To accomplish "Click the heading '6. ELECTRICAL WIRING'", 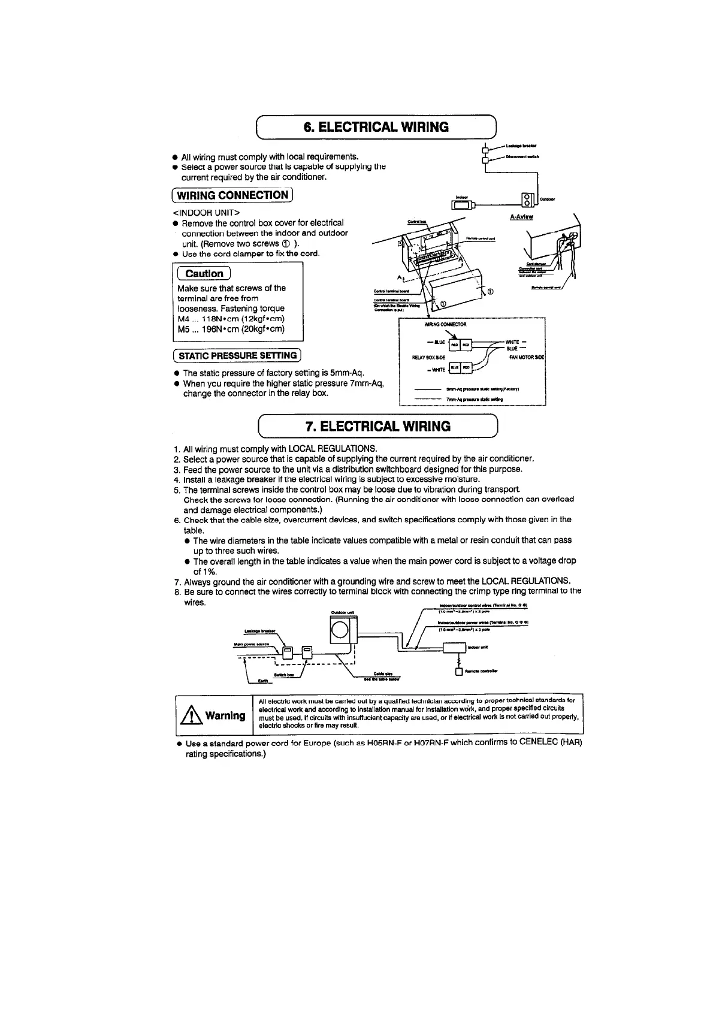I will point(376,127).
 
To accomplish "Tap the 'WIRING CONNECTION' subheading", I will point(232,195).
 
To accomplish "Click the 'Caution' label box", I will point(204,274).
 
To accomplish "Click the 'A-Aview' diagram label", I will point(521,217).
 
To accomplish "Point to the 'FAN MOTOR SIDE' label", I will point(526,357).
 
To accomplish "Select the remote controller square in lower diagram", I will point(460,672).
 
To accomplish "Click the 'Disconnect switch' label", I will point(522,157).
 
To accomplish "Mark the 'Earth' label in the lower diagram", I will point(262,681).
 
